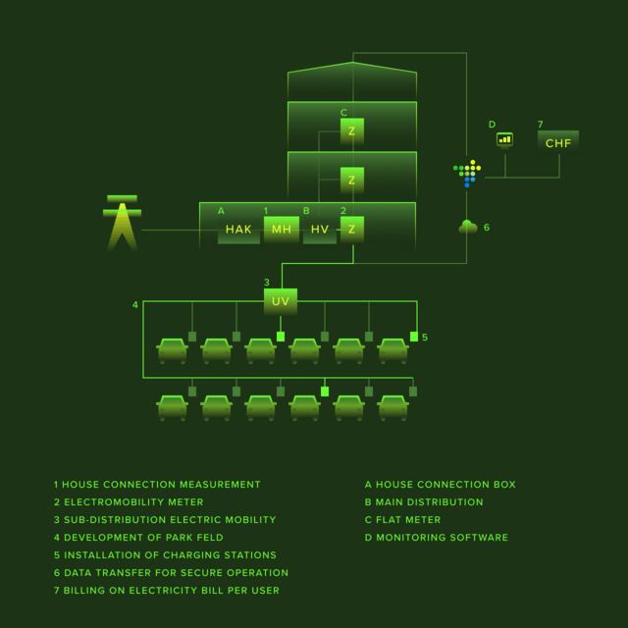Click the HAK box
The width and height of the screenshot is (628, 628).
point(238,230)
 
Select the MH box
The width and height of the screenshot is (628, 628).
point(282,230)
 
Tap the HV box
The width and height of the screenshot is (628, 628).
point(320,230)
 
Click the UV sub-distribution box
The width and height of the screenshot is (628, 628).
point(281,301)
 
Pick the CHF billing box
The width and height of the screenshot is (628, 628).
point(558,142)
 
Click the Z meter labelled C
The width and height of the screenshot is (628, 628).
point(352,131)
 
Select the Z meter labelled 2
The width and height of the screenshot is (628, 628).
point(352,230)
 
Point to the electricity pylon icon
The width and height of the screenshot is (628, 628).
point(122,223)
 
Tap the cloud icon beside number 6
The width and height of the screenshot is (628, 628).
point(468,227)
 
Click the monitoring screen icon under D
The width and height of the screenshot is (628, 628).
point(504,140)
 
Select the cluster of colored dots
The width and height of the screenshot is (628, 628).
point(467,174)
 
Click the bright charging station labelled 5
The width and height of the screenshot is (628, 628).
point(414,337)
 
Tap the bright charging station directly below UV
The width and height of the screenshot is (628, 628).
point(281,337)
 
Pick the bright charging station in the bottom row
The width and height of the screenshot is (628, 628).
point(325,392)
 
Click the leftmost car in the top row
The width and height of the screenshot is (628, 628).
point(173,351)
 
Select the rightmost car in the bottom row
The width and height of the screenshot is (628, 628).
point(392,408)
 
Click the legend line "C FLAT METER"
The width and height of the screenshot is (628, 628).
point(402,520)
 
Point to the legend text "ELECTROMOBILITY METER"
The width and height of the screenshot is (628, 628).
point(133,502)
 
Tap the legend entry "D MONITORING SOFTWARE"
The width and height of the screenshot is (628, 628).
point(436,538)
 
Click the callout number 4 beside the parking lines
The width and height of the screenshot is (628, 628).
point(135,305)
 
